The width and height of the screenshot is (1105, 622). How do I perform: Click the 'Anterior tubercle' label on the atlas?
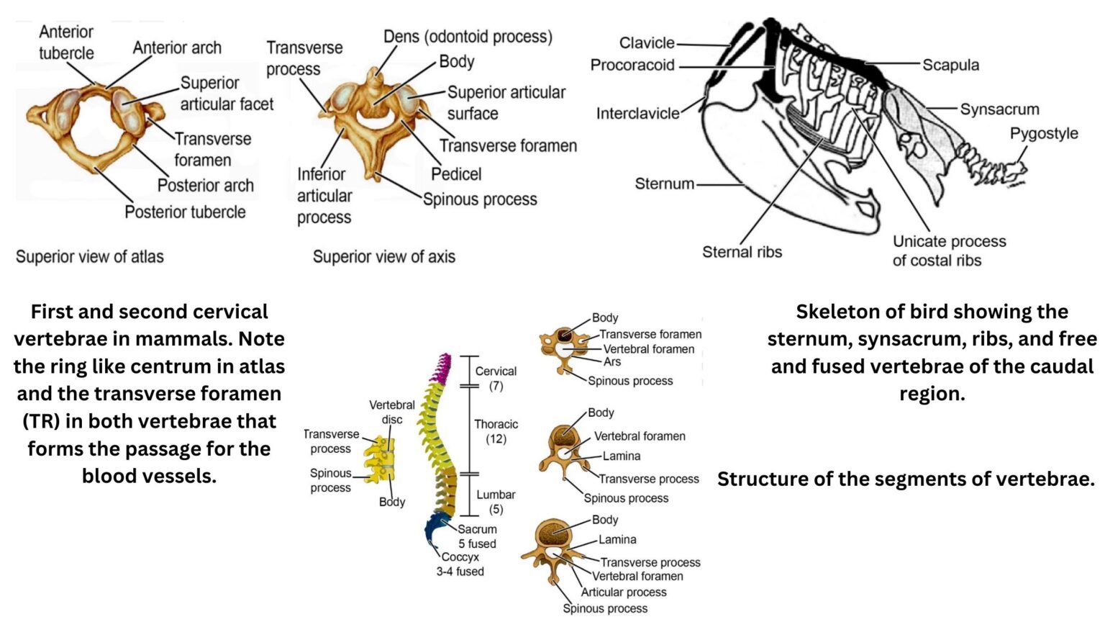[66, 42]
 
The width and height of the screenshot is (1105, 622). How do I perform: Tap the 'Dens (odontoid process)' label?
[468, 37]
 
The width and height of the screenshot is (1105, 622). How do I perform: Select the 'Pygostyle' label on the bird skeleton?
[1043, 133]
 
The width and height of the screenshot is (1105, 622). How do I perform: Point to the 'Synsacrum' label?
[999, 109]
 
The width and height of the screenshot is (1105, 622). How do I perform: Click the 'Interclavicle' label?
[637, 113]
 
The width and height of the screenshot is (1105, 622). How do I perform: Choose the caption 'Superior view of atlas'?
[90, 256]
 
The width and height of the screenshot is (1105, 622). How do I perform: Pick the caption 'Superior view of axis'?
[383, 256]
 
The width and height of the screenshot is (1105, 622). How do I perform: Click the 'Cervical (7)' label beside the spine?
[496, 379]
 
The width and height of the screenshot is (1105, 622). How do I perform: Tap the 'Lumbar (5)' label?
[496, 502]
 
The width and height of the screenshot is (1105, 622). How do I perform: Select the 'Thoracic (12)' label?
[496, 431]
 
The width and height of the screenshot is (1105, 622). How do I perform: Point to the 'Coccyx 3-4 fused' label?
[460, 564]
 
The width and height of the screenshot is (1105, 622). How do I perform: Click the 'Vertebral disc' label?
[392, 412]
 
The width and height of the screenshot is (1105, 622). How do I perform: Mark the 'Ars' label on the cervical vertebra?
[612, 362]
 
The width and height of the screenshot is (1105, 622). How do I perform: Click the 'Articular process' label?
[624, 592]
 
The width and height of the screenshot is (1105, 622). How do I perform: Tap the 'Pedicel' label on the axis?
[456, 173]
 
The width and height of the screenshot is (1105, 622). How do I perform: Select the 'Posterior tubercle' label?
[185, 212]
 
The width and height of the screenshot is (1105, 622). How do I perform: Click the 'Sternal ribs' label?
[742, 252]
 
